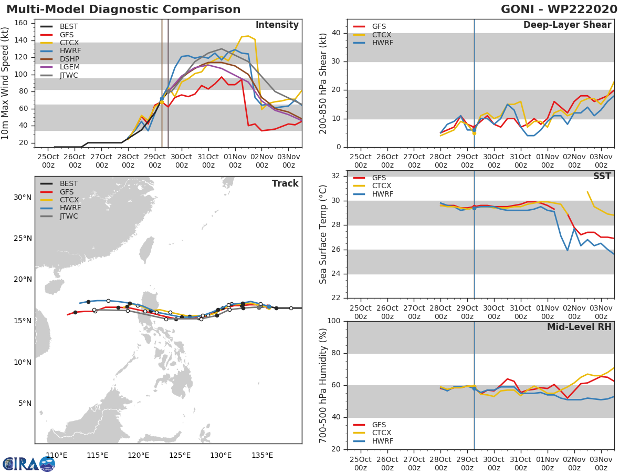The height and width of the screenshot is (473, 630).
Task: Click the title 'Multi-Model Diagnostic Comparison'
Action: (123, 9)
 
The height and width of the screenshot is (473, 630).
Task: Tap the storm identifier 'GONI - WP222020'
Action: (559, 9)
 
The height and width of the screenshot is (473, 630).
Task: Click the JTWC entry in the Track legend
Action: (68, 216)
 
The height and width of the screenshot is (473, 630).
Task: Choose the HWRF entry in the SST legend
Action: (382, 194)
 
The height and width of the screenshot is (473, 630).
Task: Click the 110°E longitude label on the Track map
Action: (57, 455)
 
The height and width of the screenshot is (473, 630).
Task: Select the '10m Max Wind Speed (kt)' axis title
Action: (6, 83)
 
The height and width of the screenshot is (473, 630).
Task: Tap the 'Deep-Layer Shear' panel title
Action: (567, 25)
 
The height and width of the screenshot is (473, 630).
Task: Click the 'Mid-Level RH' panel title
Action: (579, 327)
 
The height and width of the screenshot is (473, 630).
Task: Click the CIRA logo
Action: (28, 464)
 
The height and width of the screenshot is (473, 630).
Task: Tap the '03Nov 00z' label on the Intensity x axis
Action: (288, 160)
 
